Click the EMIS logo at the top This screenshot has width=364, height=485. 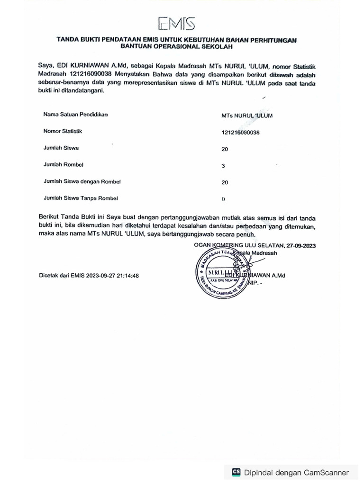(x=176, y=23)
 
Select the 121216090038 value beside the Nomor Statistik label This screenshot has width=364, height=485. (x=240, y=133)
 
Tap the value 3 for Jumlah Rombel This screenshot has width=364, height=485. (x=223, y=166)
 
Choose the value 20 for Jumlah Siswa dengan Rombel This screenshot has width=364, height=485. (x=225, y=182)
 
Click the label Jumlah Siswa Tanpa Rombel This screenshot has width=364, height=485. (x=81, y=198)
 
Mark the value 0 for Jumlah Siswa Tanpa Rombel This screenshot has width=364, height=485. (x=223, y=199)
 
